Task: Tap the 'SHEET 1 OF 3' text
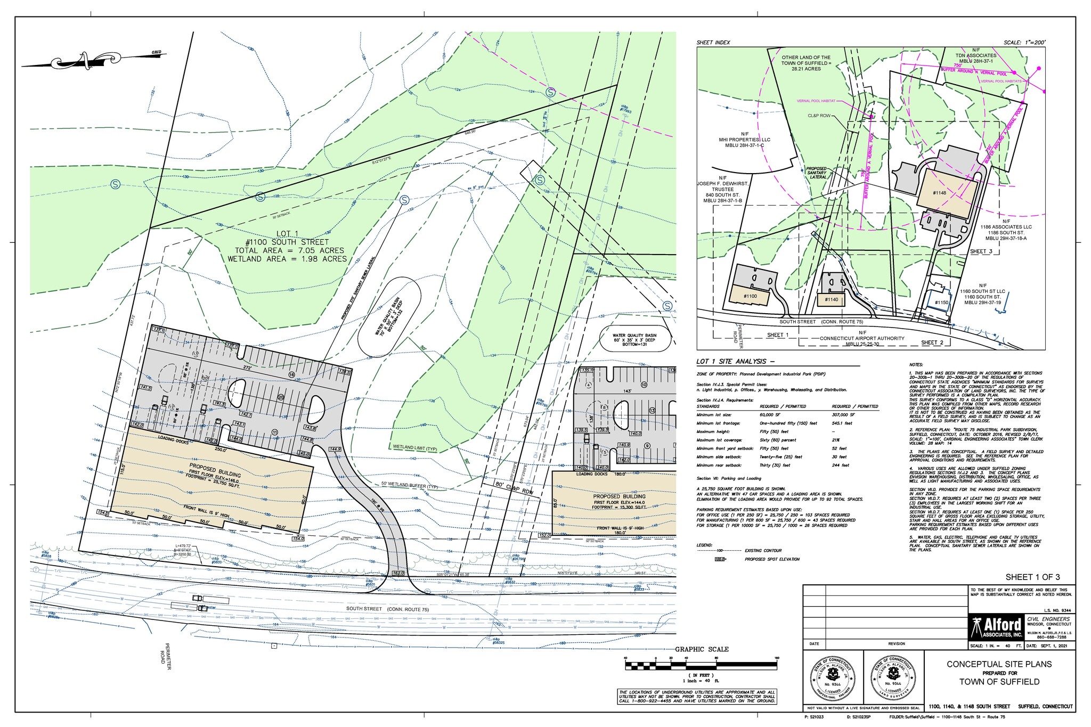pyautogui.click(x=1032, y=577)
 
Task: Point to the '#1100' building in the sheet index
pyautogui.click(x=750, y=296)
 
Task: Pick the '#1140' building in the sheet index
pyautogui.click(x=831, y=300)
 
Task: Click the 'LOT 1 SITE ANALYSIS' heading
pyautogui.click(x=728, y=362)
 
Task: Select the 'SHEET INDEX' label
pyautogui.click(x=713, y=43)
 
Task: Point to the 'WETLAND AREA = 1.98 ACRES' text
pyautogui.click(x=287, y=259)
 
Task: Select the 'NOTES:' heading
pyautogui.click(x=917, y=365)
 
